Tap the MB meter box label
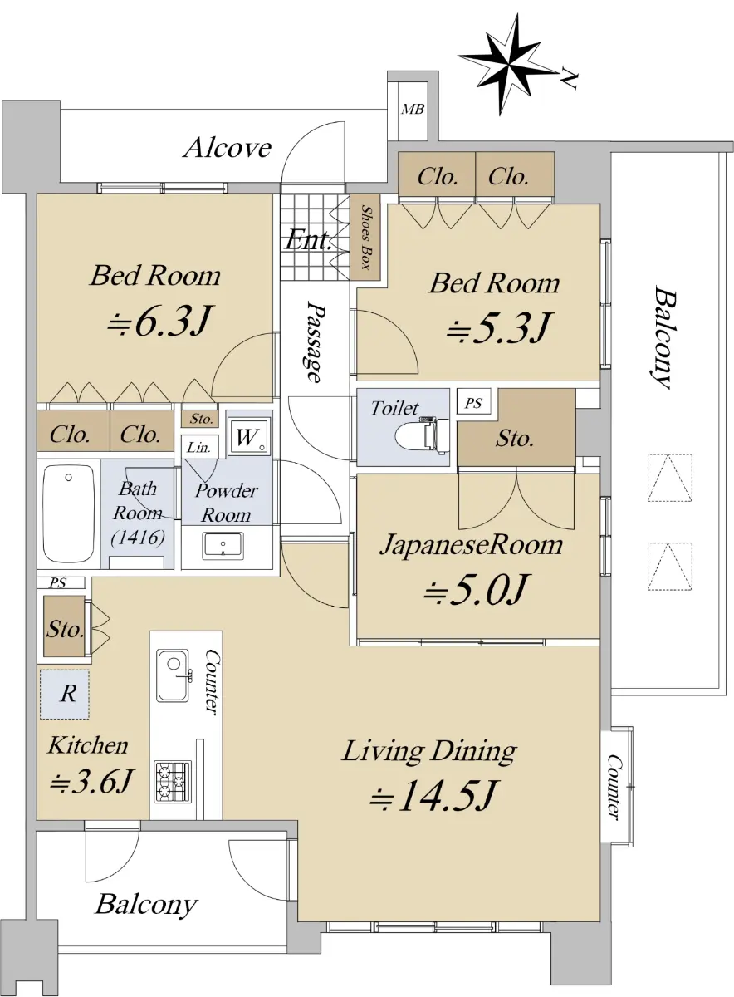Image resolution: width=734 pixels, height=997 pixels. click(x=413, y=109)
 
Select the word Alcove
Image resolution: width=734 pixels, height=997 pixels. click(x=228, y=148)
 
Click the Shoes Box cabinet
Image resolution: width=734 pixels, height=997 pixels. click(x=365, y=237)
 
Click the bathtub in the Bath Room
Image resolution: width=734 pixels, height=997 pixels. click(x=69, y=513)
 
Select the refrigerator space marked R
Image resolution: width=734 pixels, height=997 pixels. click(x=65, y=694)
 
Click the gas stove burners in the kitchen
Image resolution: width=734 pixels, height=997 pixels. click(x=173, y=783)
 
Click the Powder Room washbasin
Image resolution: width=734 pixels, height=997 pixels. click(x=223, y=544)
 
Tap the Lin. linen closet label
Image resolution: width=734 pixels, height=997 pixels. click(x=198, y=447)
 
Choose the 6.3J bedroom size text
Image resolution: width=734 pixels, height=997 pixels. click(x=159, y=320)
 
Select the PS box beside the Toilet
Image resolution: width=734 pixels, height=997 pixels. click(x=474, y=403)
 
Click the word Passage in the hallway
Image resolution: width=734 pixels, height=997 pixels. click(x=316, y=341)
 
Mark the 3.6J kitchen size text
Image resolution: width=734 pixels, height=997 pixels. click(x=91, y=781)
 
